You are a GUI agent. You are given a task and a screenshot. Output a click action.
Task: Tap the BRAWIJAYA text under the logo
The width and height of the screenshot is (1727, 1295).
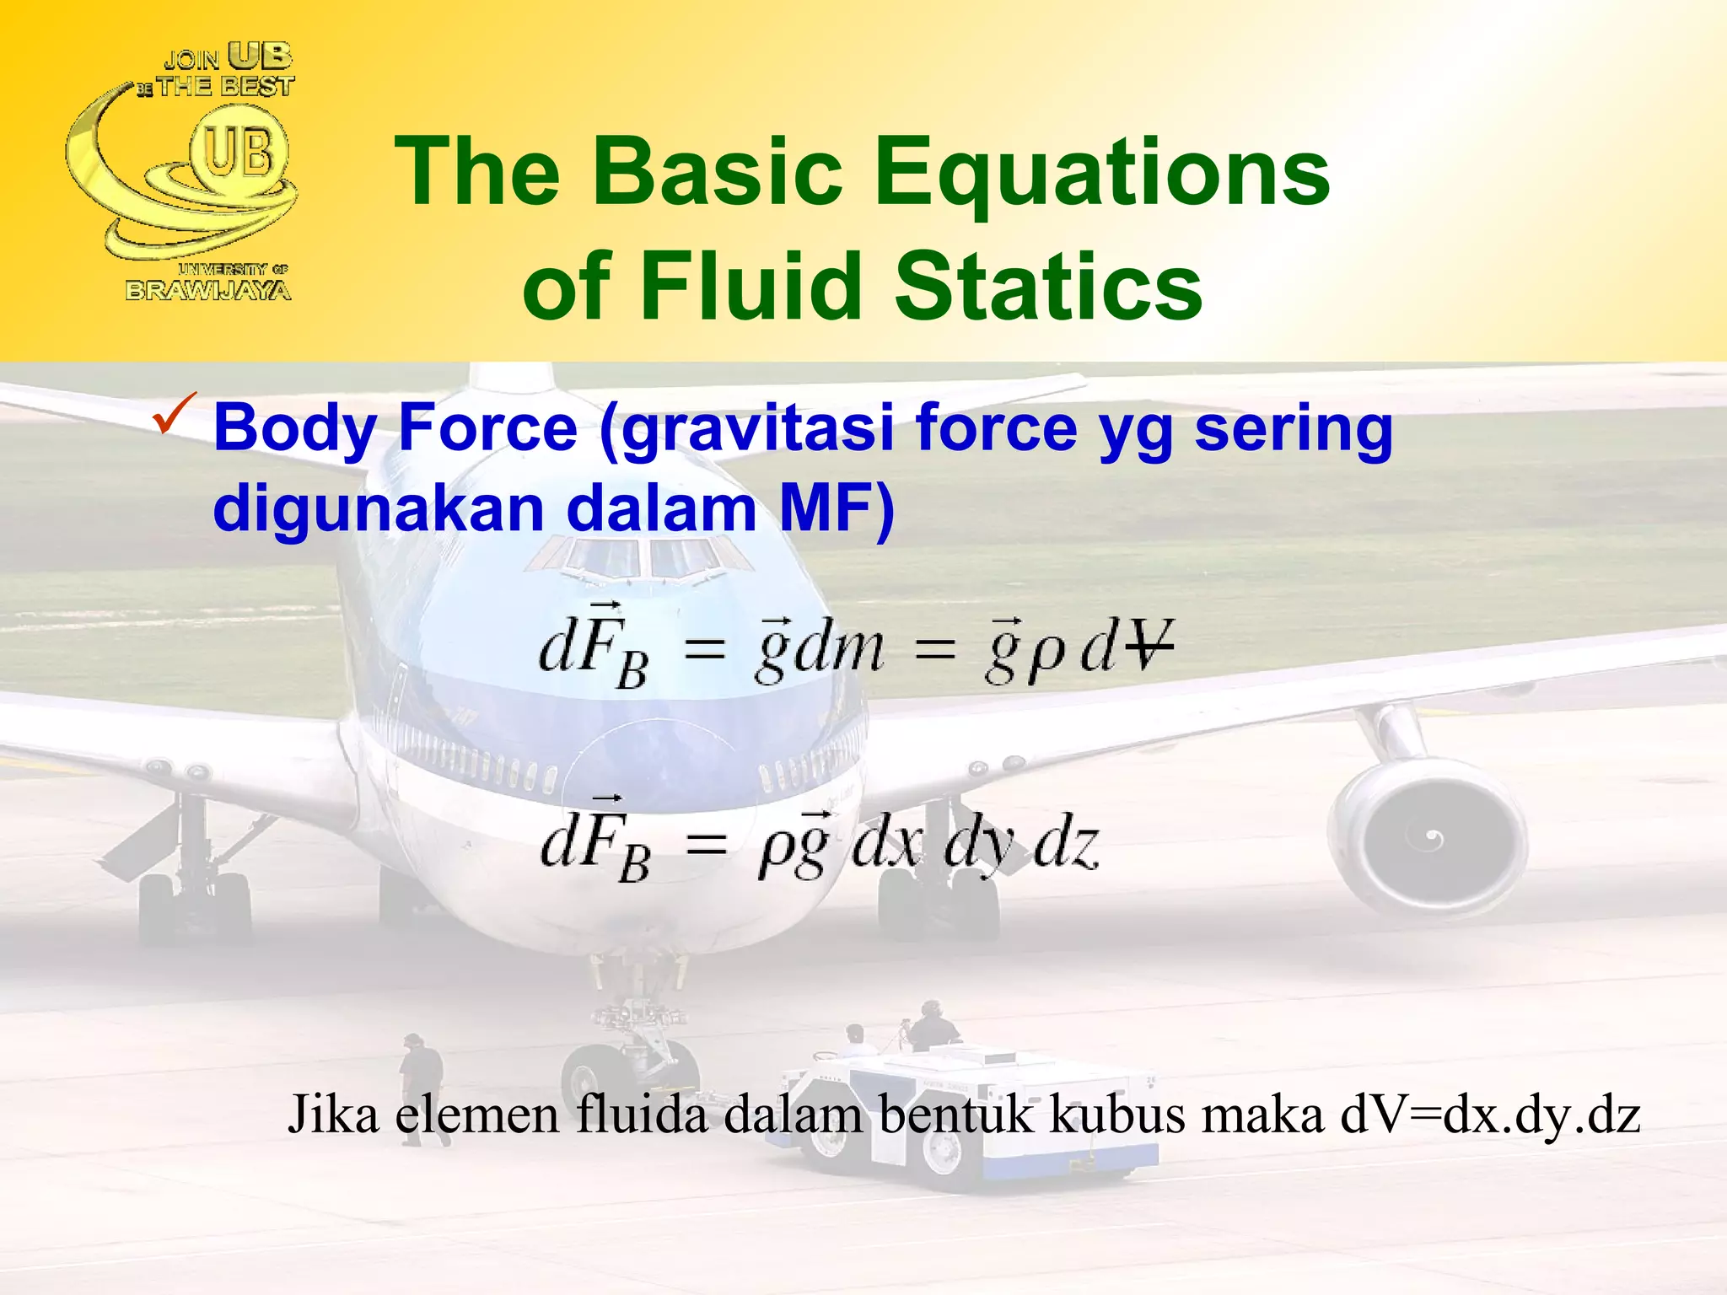pos(208,291)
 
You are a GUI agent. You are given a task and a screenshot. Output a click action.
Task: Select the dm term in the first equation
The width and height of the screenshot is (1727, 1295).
pos(839,649)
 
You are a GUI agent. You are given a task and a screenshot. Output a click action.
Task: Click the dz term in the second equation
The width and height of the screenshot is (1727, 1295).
pos(1066,845)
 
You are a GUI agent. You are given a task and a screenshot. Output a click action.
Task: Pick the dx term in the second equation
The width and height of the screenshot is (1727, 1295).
pos(887,845)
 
